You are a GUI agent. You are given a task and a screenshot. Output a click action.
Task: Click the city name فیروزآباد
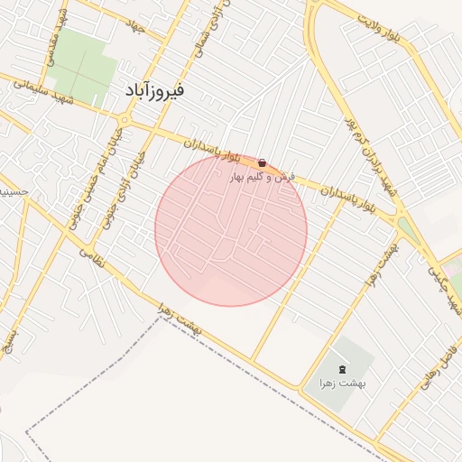(x=154, y=91)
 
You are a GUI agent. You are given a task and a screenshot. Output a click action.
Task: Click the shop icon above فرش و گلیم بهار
(x=262, y=163)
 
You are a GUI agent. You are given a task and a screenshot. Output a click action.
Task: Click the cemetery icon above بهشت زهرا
(x=341, y=370)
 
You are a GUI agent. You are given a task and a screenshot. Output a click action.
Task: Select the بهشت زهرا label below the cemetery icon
(x=338, y=383)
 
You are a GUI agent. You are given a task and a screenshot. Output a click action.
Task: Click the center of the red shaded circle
(x=231, y=230)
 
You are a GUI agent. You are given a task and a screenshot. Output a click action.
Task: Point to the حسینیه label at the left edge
(x=11, y=191)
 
